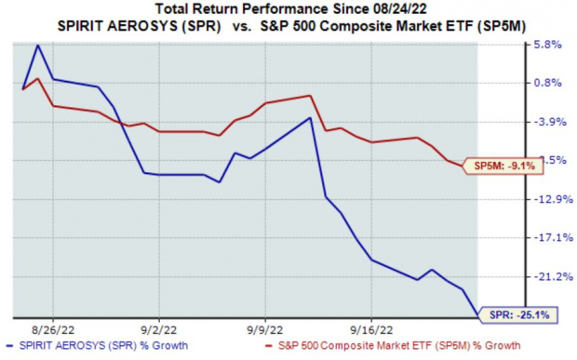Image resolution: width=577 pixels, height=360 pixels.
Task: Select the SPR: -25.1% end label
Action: click(x=518, y=315)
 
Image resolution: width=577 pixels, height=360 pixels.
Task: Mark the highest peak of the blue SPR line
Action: click(x=37, y=45)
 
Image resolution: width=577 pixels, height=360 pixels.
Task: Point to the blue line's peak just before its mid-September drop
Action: click(x=310, y=118)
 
